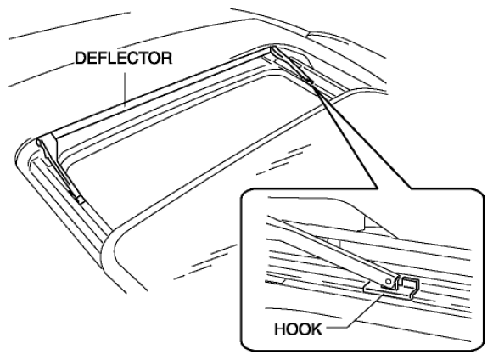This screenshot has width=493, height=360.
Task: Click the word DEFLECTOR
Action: coord(124,59)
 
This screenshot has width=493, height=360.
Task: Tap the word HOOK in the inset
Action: coord(299,329)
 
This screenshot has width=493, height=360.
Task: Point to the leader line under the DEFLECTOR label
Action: coord(126,89)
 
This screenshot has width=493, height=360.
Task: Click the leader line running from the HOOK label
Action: coord(356,310)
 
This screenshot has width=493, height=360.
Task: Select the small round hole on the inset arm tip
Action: coord(389,281)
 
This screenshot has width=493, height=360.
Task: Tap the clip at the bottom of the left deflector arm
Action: coord(79,198)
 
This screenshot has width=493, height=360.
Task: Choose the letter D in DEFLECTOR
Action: coord(80,59)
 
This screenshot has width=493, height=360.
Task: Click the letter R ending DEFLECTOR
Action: coord(167,59)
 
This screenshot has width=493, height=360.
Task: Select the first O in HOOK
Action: coord(293,329)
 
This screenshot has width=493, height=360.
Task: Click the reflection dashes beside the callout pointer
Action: coord(283,160)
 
